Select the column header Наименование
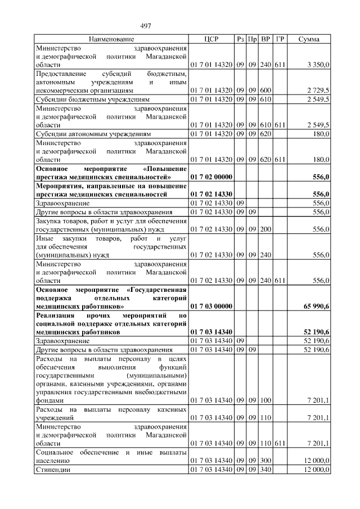tap(111, 39)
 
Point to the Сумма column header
tap(309, 39)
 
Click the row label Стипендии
tap(52, 469)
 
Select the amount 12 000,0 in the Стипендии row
tap(317, 469)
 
